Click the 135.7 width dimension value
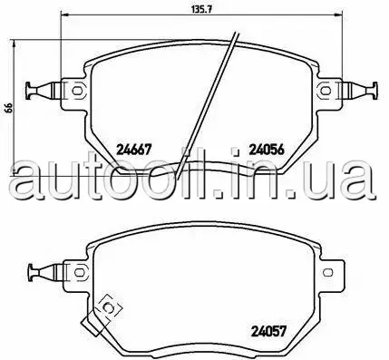[201, 9]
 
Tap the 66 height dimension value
[9, 108]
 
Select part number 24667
[133, 150]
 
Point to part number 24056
[267, 150]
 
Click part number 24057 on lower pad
[268, 331]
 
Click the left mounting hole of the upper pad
[77, 91]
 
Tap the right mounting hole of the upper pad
[326, 91]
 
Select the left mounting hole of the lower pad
[79, 272]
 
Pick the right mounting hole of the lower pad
[327, 272]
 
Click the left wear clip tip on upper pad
[30, 91]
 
